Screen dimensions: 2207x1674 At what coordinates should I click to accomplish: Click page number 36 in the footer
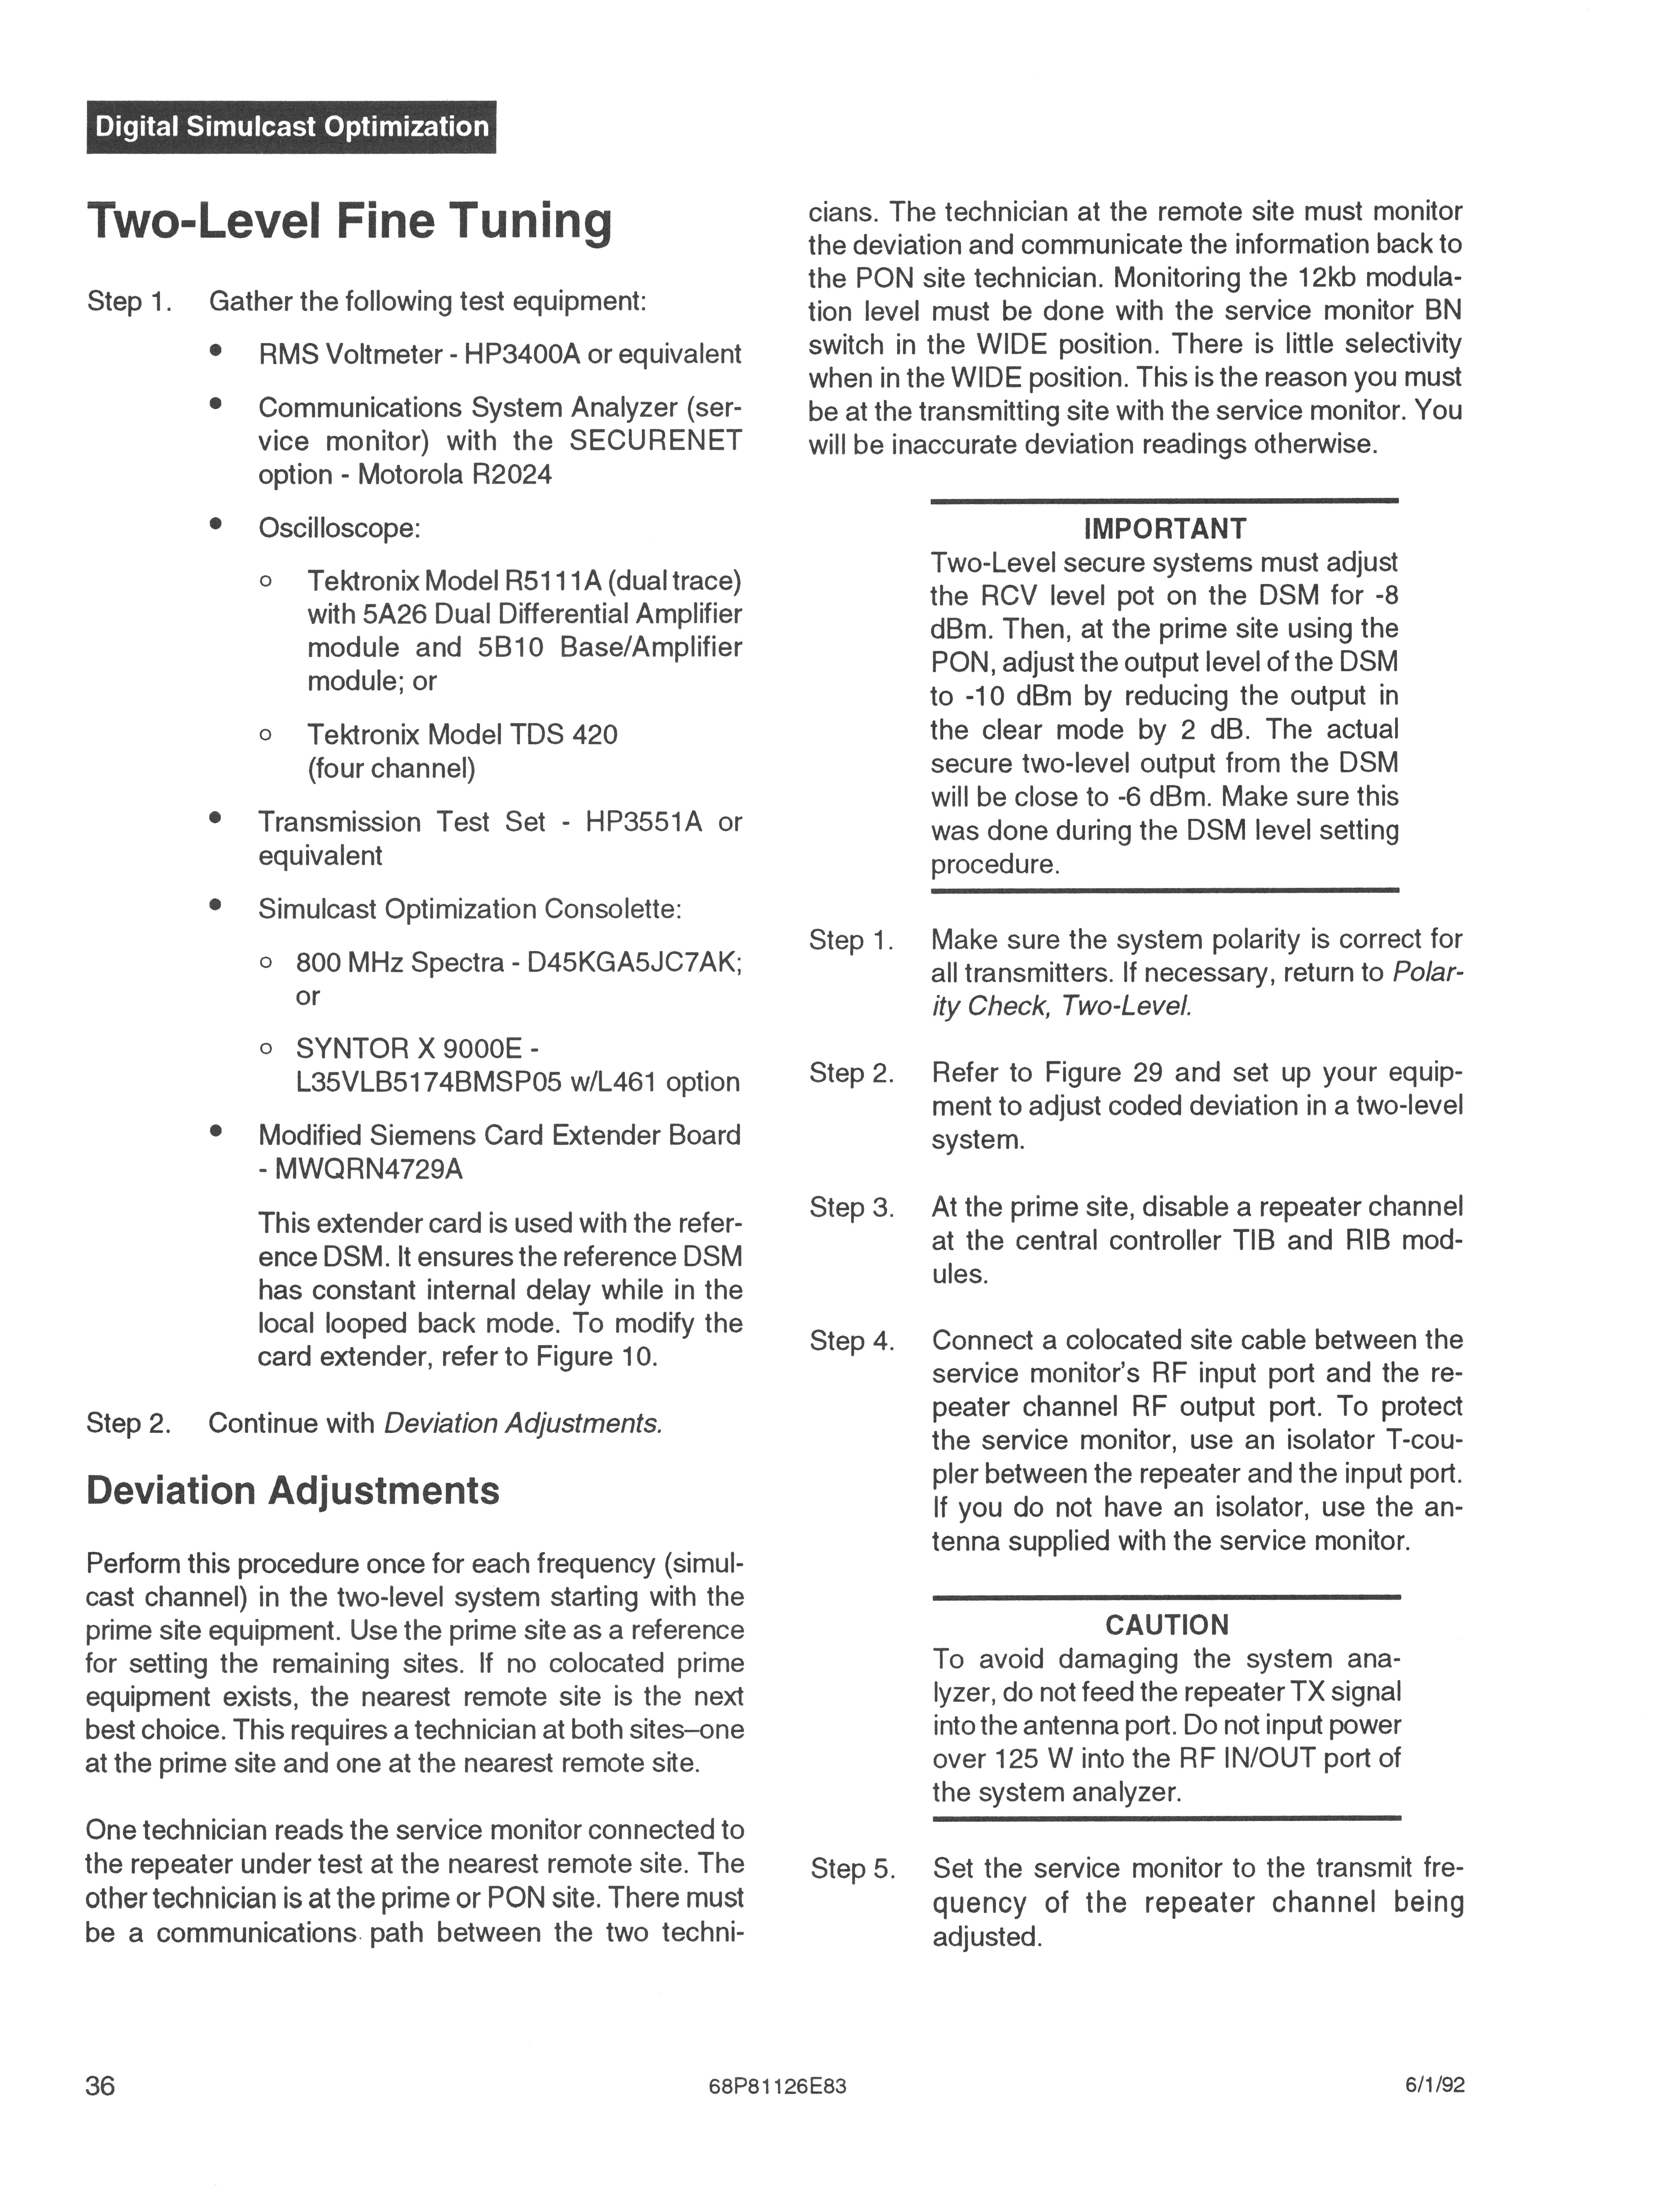pyautogui.click(x=101, y=2085)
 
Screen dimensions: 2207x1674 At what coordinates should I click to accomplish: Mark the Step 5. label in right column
pyautogui.click(x=852, y=1868)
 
